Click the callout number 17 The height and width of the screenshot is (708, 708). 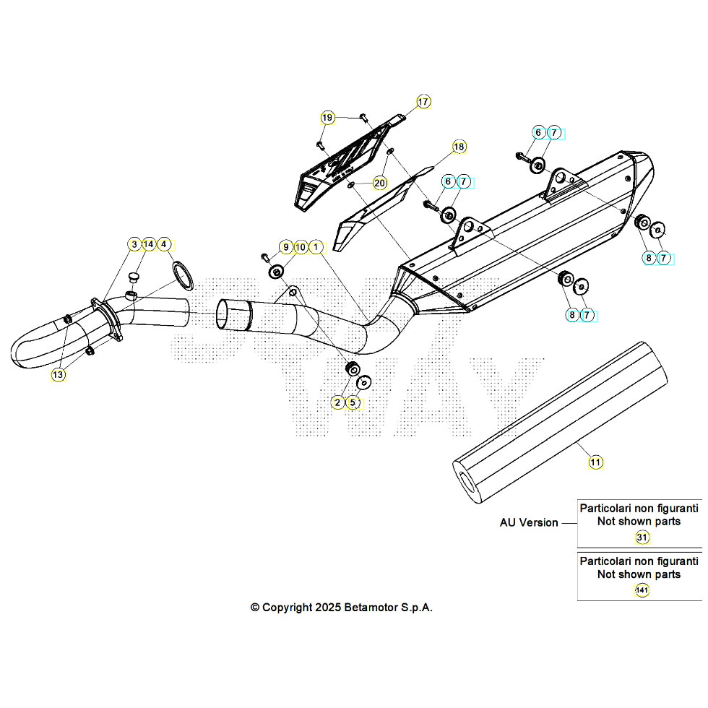coord(423,102)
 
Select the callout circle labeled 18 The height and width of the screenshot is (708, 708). coord(459,147)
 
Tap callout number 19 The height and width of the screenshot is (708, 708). coord(328,118)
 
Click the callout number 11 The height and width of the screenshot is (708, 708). coord(595,462)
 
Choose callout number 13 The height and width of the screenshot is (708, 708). coord(58,375)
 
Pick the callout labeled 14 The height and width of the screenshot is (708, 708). coord(149,244)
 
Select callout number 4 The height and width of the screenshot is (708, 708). coord(165,244)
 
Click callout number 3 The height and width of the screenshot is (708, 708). coord(134,244)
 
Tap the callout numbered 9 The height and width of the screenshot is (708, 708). coord(285,247)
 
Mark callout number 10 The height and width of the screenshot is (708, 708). coord(301,247)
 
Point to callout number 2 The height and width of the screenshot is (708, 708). coord(338,402)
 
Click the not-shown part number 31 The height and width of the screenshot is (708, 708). coord(642,538)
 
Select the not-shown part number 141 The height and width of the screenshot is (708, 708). coord(642,591)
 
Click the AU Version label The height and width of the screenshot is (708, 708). coord(529,522)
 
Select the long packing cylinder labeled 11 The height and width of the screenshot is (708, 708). coord(560,423)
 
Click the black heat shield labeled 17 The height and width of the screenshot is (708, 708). coord(340,170)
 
